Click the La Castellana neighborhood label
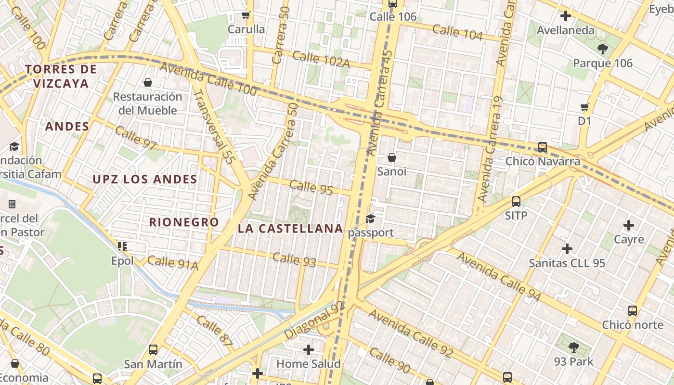coord(290,229)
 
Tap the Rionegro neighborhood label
coord(184,222)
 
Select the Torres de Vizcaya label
coord(61,76)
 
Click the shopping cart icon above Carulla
coord(246,15)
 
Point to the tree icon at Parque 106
coord(602,49)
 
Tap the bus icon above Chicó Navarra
coord(543,147)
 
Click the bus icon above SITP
coord(516,201)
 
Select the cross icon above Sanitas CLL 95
coord(567,249)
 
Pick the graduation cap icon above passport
coord(370,219)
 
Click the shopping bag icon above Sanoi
coord(392,157)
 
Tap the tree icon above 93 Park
coord(573,347)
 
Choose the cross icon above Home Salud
coord(309,349)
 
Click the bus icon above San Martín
coord(153,350)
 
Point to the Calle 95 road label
coord(311,187)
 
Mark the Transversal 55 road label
coord(213,127)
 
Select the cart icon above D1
coord(585,107)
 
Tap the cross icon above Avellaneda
coord(566,16)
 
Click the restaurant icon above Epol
coord(122,246)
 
